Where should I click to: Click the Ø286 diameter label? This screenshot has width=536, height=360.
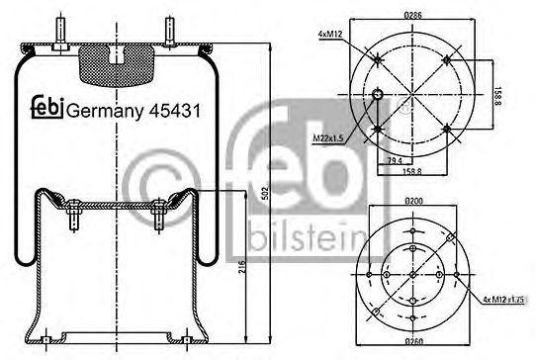(413, 14)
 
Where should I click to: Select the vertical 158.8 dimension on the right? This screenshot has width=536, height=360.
(498, 95)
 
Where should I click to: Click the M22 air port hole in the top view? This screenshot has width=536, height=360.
(378, 95)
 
